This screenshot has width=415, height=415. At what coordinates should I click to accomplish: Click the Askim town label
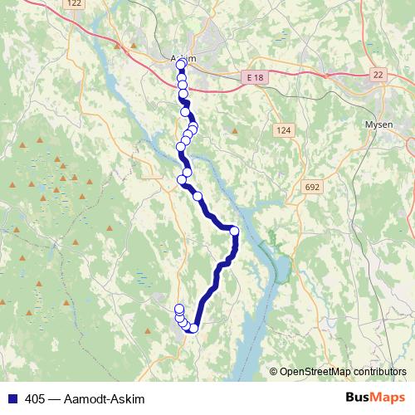click(183, 58)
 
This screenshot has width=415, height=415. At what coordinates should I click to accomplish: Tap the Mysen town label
click(378, 124)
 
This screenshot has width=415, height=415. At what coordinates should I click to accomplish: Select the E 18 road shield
click(254, 76)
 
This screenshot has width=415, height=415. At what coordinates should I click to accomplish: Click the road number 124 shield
click(286, 130)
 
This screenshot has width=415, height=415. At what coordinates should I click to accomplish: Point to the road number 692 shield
click(312, 188)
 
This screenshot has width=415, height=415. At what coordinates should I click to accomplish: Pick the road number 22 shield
click(378, 75)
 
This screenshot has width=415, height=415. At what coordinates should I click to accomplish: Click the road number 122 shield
click(76, 3)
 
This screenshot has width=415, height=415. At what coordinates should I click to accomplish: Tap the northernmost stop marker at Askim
click(181, 64)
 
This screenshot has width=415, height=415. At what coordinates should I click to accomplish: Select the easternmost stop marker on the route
click(234, 231)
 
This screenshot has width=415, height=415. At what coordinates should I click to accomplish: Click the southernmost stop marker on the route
click(193, 328)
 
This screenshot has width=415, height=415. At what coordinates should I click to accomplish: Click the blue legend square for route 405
click(13, 398)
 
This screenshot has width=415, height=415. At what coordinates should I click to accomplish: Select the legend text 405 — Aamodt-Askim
click(80, 398)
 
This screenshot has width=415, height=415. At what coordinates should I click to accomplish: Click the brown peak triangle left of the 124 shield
click(236, 130)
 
